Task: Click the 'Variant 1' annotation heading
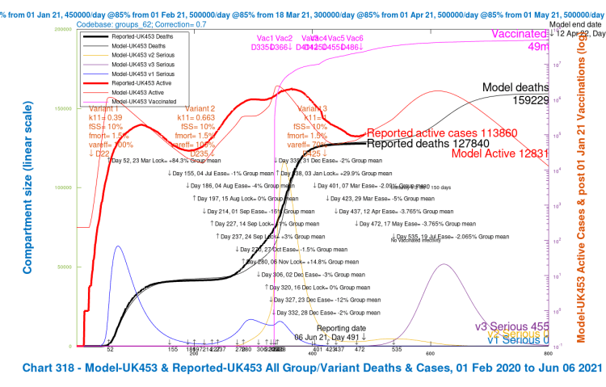pos(103,108)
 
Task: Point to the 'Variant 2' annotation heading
pos(200,108)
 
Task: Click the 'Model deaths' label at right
pos(515,87)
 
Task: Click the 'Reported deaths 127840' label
pos(429,144)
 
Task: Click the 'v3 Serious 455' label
pos(518,326)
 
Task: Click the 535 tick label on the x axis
pos(397,349)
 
